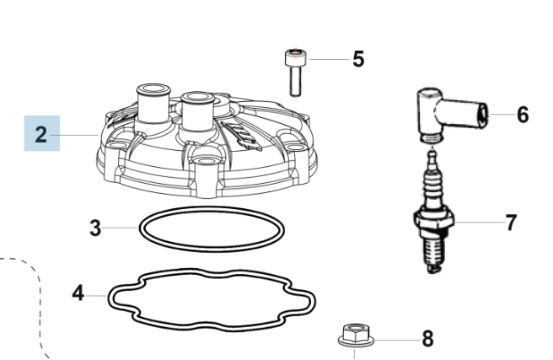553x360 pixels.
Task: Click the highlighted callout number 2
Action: pyautogui.click(x=41, y=135)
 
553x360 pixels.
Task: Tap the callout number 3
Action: pyautogui.click(x=95, y=228)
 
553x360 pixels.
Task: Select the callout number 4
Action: pyautogui.click(x=78, y=293)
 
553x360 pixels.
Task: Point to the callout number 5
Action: pyautogui.click(x=358, y=59)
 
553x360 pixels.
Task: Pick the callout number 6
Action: pyautogui.click(x=523, y=115)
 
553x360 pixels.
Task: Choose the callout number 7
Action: pyautogui.click(x=512, y=223)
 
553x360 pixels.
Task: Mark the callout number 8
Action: pyautogui.click(x=427, y=338)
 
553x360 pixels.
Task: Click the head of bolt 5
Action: pyautogui.click(x=296, y=57)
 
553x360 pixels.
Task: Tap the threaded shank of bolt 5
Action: pyautogui.click(x=296, y=81)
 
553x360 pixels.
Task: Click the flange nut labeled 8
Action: pyautogui.click(x=356, y=335)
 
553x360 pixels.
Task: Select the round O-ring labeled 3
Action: pyautogui.click(x=212, y=208)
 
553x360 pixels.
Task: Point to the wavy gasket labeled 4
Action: pyautogui.click(x=212, y=270)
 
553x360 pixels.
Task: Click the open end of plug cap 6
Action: pyautogui.click(x=483, y=114)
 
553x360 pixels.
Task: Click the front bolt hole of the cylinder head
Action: pyautogui.click(x=207, y=161)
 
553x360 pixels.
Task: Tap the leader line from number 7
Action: pyautogui.click(x=480, y=223)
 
